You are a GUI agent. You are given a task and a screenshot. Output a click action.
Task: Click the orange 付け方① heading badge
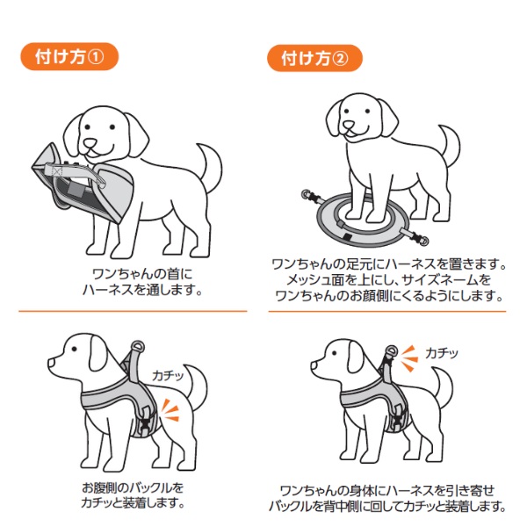[69, 56]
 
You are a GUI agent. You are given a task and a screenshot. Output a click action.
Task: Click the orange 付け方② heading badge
[315, 58]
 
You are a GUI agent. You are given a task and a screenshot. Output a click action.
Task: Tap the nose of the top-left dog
[90, 143]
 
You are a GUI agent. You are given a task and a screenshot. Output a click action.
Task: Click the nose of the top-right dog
[349, 126]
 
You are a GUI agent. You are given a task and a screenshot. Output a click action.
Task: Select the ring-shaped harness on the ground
[363, 220]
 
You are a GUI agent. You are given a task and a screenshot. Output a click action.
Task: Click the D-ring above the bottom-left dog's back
[138, 347]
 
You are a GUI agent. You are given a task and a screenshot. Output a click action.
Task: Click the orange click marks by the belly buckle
[170, 410]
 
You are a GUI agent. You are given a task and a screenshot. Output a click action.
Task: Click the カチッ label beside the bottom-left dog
[168, 375]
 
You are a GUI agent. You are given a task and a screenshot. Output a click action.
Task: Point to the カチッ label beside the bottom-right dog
[442, 353]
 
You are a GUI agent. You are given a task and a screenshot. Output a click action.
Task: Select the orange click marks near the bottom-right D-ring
[409, 358]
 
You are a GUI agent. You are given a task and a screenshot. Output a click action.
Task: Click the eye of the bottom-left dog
[74, 349]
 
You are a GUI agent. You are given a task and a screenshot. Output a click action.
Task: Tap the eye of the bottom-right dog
[335, 353]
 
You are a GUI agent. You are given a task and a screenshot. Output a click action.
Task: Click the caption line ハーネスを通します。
[142, 290]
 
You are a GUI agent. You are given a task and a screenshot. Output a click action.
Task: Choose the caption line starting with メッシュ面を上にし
[388, 280]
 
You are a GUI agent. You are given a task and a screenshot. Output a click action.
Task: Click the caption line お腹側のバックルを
[134, 487]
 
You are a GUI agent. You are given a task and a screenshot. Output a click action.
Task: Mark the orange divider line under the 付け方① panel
[133, 311]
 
